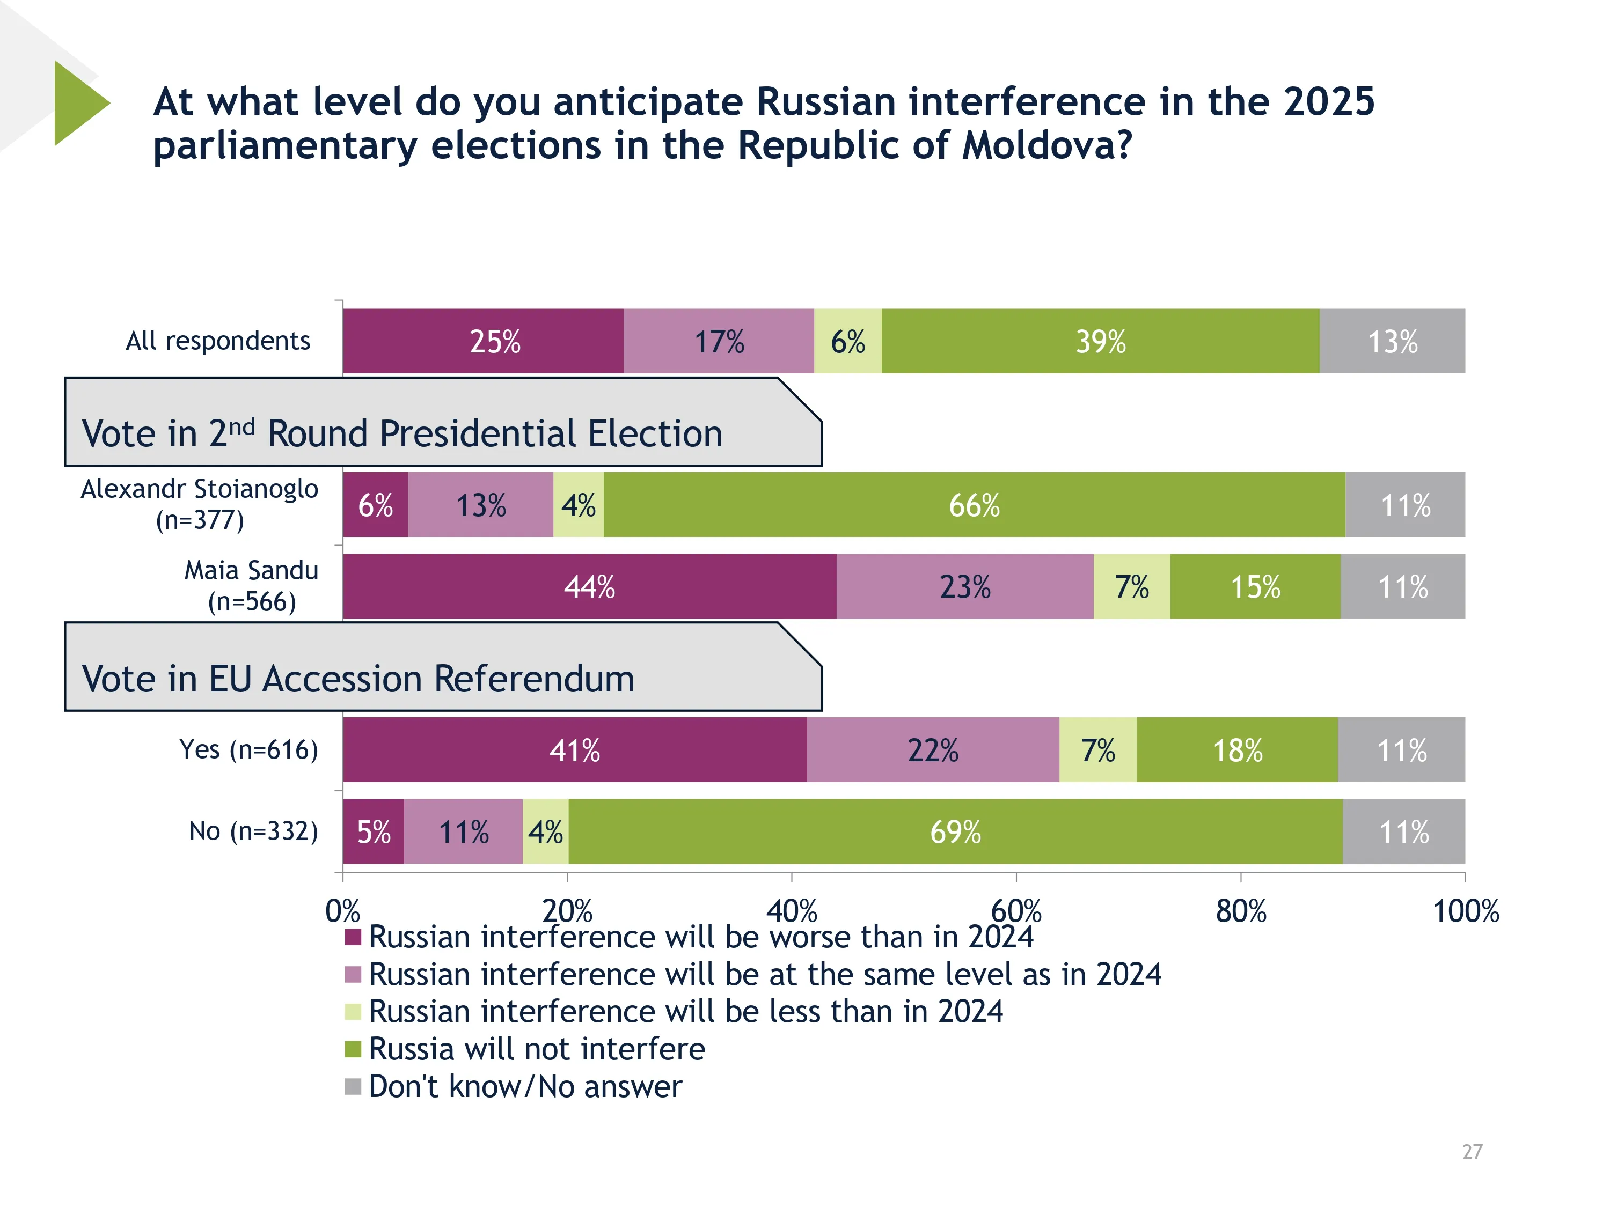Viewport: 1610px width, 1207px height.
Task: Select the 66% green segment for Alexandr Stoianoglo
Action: (x=974, y=505)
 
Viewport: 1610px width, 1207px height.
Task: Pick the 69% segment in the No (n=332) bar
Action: (x=955, y=831)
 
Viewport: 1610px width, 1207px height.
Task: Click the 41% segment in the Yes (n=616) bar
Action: (x=574, y=750)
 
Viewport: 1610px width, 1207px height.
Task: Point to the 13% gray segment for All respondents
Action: (x=1392, y=341)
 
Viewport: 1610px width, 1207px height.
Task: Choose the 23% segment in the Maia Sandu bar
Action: (x=964, y=586)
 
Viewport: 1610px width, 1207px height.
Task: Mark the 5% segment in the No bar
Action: (x=374, y=831)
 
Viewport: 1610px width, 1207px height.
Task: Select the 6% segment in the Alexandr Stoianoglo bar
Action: (x=375, y=505)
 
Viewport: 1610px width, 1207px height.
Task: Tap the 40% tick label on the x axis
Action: (x=791, y=911)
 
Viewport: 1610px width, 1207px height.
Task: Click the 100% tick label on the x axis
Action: (x=1465, y=911)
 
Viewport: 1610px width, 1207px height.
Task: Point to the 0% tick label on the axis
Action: (x=342, y=911)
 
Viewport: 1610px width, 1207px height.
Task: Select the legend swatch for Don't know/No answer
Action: (x=353, y=1086)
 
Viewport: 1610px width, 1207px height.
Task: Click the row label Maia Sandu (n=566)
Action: (x=251, y=586)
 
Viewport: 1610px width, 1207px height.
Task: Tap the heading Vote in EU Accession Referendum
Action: (x=357, y=679)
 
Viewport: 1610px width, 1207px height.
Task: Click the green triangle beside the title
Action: (x=78, y=104)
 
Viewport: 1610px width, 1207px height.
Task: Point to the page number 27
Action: (x=1472, y=1152)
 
